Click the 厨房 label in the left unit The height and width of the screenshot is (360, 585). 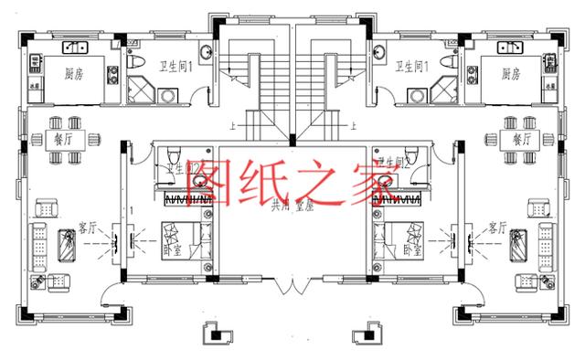pos(74,74)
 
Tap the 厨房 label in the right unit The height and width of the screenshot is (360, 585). pos(510,74)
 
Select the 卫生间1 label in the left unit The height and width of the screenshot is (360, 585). pos(175,66)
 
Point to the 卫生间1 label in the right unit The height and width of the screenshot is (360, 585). pos(409,66)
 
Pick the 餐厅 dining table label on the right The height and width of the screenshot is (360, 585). pos(521,140)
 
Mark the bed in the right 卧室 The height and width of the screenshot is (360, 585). pos(399,240)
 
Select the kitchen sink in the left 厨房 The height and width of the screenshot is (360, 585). pos(71,47)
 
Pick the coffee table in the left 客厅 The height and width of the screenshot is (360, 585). pos(68,243)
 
